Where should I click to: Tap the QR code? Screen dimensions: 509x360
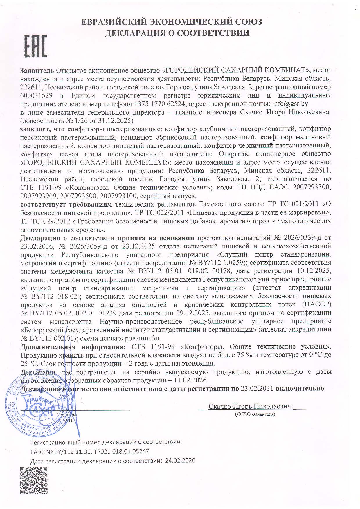coord(33,480)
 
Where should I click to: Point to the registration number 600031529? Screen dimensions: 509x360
coord(37,95)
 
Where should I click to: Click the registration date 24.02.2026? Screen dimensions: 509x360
coord(180,461)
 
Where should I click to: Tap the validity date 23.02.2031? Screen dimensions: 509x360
coord(257,388)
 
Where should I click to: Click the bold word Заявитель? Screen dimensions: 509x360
coord(37,70)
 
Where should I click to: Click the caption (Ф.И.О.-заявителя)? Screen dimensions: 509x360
coord(255,414)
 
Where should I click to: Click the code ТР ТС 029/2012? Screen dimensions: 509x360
coord(45,221)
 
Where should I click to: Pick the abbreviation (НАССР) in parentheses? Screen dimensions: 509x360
coord(316,305)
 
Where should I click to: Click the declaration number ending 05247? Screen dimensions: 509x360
coord(90,451)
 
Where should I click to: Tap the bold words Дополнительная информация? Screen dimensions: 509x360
coord(73,347)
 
